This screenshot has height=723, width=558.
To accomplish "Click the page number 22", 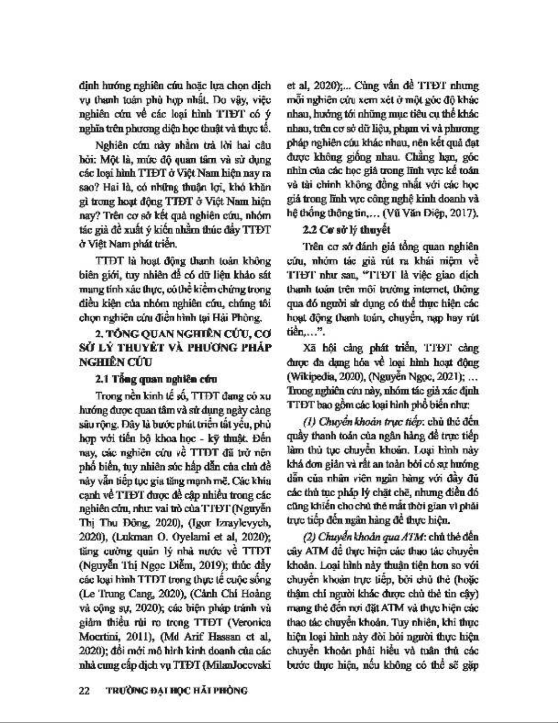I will coord(84,690).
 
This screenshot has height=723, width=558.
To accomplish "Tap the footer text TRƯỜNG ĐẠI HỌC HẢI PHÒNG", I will coord(176,690).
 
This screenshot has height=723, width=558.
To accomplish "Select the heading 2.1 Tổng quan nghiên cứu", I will coord(156,379).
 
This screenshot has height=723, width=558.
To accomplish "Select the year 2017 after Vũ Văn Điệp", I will coord(465,213).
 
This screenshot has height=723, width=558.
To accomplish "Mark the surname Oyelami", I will coord(179,536).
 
